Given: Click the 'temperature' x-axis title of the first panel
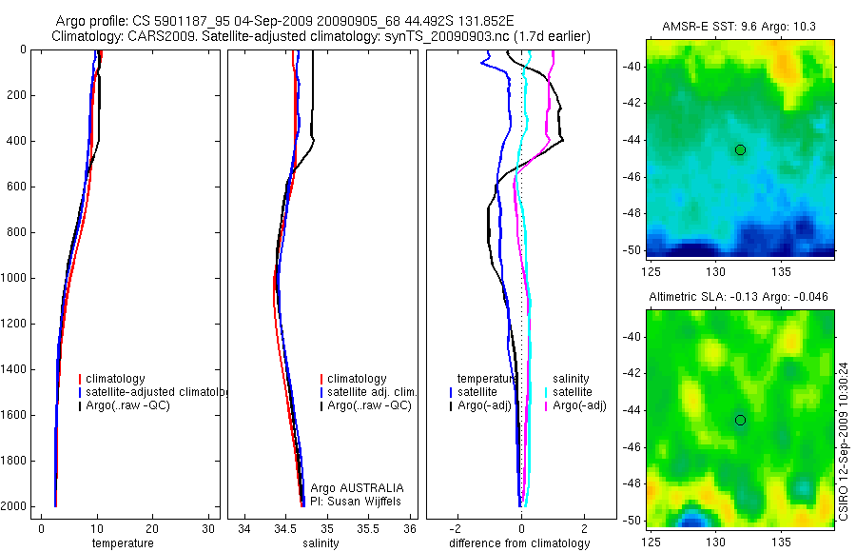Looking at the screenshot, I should (x=122, y=543).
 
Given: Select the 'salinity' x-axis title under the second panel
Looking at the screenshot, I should (x=319, y=543).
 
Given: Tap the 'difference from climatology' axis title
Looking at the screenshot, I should (x=519, y=543).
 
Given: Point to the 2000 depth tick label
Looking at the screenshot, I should (x=13, y=506).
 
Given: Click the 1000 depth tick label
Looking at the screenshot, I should (x=13, y=278).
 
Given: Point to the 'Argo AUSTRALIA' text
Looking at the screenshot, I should (x=350, y=487).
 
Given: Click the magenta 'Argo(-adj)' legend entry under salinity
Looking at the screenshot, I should (x=579, y=406).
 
